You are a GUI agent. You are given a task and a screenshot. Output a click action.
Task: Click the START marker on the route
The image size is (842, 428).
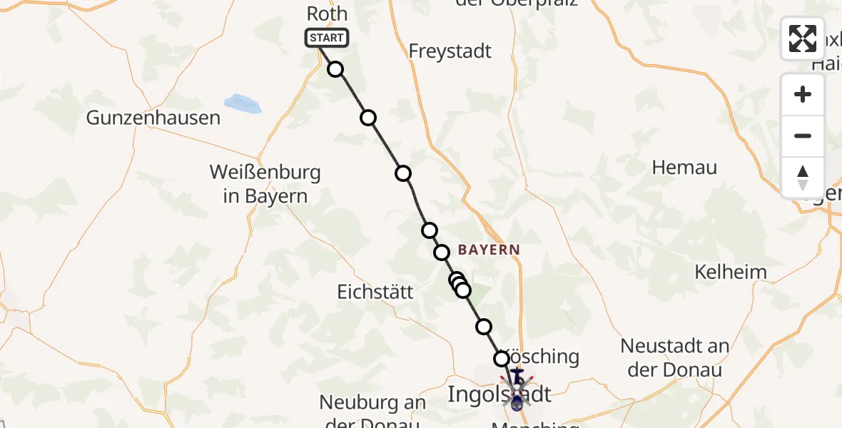327,38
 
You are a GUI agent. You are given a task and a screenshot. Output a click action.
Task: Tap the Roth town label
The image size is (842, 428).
327,14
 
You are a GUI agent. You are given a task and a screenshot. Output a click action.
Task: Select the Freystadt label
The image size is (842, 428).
450,51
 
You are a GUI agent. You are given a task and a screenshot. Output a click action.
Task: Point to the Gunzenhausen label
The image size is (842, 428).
153,118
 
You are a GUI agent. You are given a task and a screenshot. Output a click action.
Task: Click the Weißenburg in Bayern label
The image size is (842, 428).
265,184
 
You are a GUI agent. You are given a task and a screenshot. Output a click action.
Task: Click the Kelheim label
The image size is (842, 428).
731,272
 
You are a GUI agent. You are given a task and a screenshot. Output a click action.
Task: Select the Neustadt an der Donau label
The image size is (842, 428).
674,358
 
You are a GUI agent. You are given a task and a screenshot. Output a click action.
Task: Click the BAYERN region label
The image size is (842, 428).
489,250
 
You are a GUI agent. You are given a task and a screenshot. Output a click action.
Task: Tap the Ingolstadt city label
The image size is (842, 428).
499,394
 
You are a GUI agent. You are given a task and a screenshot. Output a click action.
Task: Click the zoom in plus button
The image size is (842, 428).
803,95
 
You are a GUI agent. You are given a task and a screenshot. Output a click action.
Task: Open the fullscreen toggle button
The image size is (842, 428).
803,38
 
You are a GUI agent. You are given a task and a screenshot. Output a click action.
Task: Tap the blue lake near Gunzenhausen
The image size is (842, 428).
243,104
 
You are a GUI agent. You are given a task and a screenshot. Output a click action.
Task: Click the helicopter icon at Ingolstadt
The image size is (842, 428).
517,389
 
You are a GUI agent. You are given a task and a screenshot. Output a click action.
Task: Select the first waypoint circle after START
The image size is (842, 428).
335,69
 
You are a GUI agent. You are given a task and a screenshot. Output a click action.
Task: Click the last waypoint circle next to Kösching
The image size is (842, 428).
502,358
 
